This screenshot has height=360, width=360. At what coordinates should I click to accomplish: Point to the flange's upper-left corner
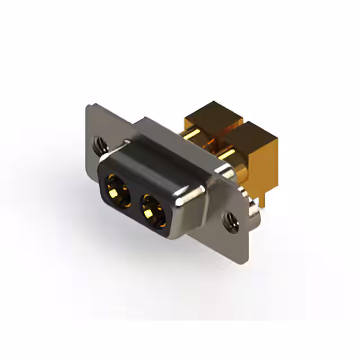tap(89, 106)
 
